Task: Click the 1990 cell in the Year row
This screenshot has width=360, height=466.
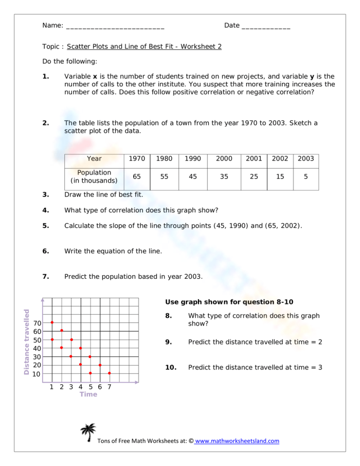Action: pos(193,159)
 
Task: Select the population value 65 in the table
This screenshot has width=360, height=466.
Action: pos(137,176)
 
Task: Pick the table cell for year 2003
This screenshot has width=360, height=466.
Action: pos(305,159)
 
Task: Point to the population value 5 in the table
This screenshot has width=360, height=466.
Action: pos(305,176)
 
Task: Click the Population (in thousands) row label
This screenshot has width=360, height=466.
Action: pos(94,176)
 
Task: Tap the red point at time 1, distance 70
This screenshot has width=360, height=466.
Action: pos(52,322)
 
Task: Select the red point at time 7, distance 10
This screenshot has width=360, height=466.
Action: pos(110,373)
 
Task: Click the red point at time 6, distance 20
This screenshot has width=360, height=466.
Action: pos(100,365)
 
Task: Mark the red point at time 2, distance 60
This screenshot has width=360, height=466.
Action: pos(62,331)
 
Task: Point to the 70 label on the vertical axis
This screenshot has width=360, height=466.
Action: pos(38,323)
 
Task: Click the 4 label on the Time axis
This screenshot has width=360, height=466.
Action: pos(80,387)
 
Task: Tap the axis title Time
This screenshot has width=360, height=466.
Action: pos(88,395)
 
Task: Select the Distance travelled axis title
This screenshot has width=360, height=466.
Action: pos(27,342)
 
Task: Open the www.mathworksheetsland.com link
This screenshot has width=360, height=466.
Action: pos(237,441)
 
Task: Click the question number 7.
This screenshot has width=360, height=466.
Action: pos(45,277)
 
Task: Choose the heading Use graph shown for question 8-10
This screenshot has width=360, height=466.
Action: pos(229,302)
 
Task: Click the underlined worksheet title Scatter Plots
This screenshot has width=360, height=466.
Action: pos(144,47)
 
